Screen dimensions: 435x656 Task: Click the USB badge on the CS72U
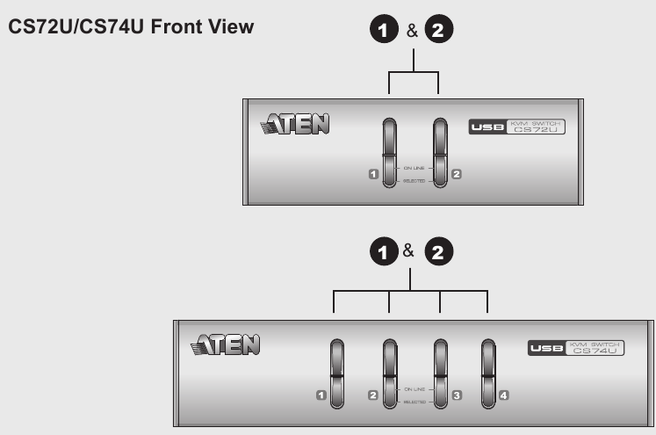(486, 128)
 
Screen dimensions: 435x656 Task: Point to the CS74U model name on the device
(594, 352)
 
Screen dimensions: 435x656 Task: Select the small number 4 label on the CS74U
(504, 396)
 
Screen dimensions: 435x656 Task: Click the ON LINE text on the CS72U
(414, 165)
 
